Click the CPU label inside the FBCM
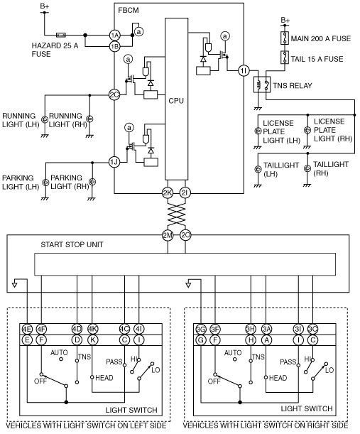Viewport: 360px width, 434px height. coord(176,101)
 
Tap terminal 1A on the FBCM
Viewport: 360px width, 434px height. coord(114,35)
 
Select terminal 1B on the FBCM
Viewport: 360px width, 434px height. coord(114,46)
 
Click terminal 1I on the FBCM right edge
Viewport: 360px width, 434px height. coord(244,71)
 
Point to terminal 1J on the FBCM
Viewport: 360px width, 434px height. coord(114,162)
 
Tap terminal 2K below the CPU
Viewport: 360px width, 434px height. coord(168,193)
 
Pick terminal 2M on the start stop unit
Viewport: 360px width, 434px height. coord(168,235)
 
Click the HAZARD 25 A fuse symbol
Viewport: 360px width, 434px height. coord(61,35)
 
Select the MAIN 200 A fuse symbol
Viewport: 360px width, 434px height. coord(285,38)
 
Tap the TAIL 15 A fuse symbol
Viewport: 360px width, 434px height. coord(285,58)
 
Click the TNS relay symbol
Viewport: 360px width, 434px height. coord(262,85)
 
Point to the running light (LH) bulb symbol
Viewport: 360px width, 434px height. coord(45,119)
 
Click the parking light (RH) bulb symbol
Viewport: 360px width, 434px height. coord(92,182)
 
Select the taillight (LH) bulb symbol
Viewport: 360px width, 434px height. coord(258,169)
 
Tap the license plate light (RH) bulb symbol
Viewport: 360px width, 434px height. coord(307,130)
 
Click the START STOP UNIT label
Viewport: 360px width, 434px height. coord(72,244)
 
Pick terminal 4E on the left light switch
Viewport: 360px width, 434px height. coord(27,329)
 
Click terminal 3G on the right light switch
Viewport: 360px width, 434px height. coord(201,329)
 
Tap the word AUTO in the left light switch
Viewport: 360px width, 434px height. coord(59,352)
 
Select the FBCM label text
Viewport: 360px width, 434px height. coord(129,10)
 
